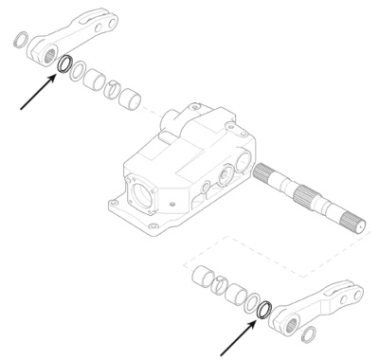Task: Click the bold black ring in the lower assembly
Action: click(265, 309)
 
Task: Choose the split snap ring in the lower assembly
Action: click(216, 280)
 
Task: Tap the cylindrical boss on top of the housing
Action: click(172, 118)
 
